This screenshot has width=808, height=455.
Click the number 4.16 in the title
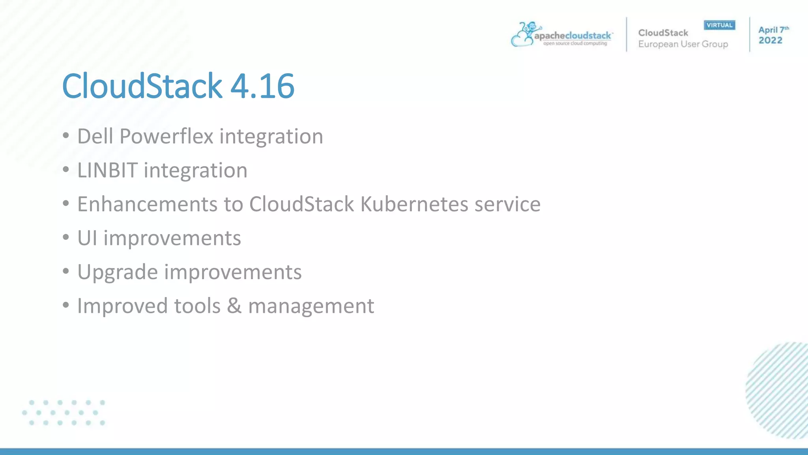(x=262, y=86)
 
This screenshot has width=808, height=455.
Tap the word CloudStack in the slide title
(x=142, y=86)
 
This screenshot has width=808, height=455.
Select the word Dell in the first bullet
(x=95, y=137)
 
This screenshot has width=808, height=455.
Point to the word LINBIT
(x=107, y=171)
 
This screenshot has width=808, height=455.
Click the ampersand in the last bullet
(x=234, y=306)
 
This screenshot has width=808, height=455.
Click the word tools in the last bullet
(x=197, y=306)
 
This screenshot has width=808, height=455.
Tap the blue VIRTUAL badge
(x=719, y=25)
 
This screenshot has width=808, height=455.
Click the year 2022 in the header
(x=770, y=40)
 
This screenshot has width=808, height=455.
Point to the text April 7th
(x=773, y=30)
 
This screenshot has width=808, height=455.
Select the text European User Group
(x=683, y=44)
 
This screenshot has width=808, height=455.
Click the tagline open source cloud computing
(x=575, y=43)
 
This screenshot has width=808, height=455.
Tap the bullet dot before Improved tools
(x=66, y=305)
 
